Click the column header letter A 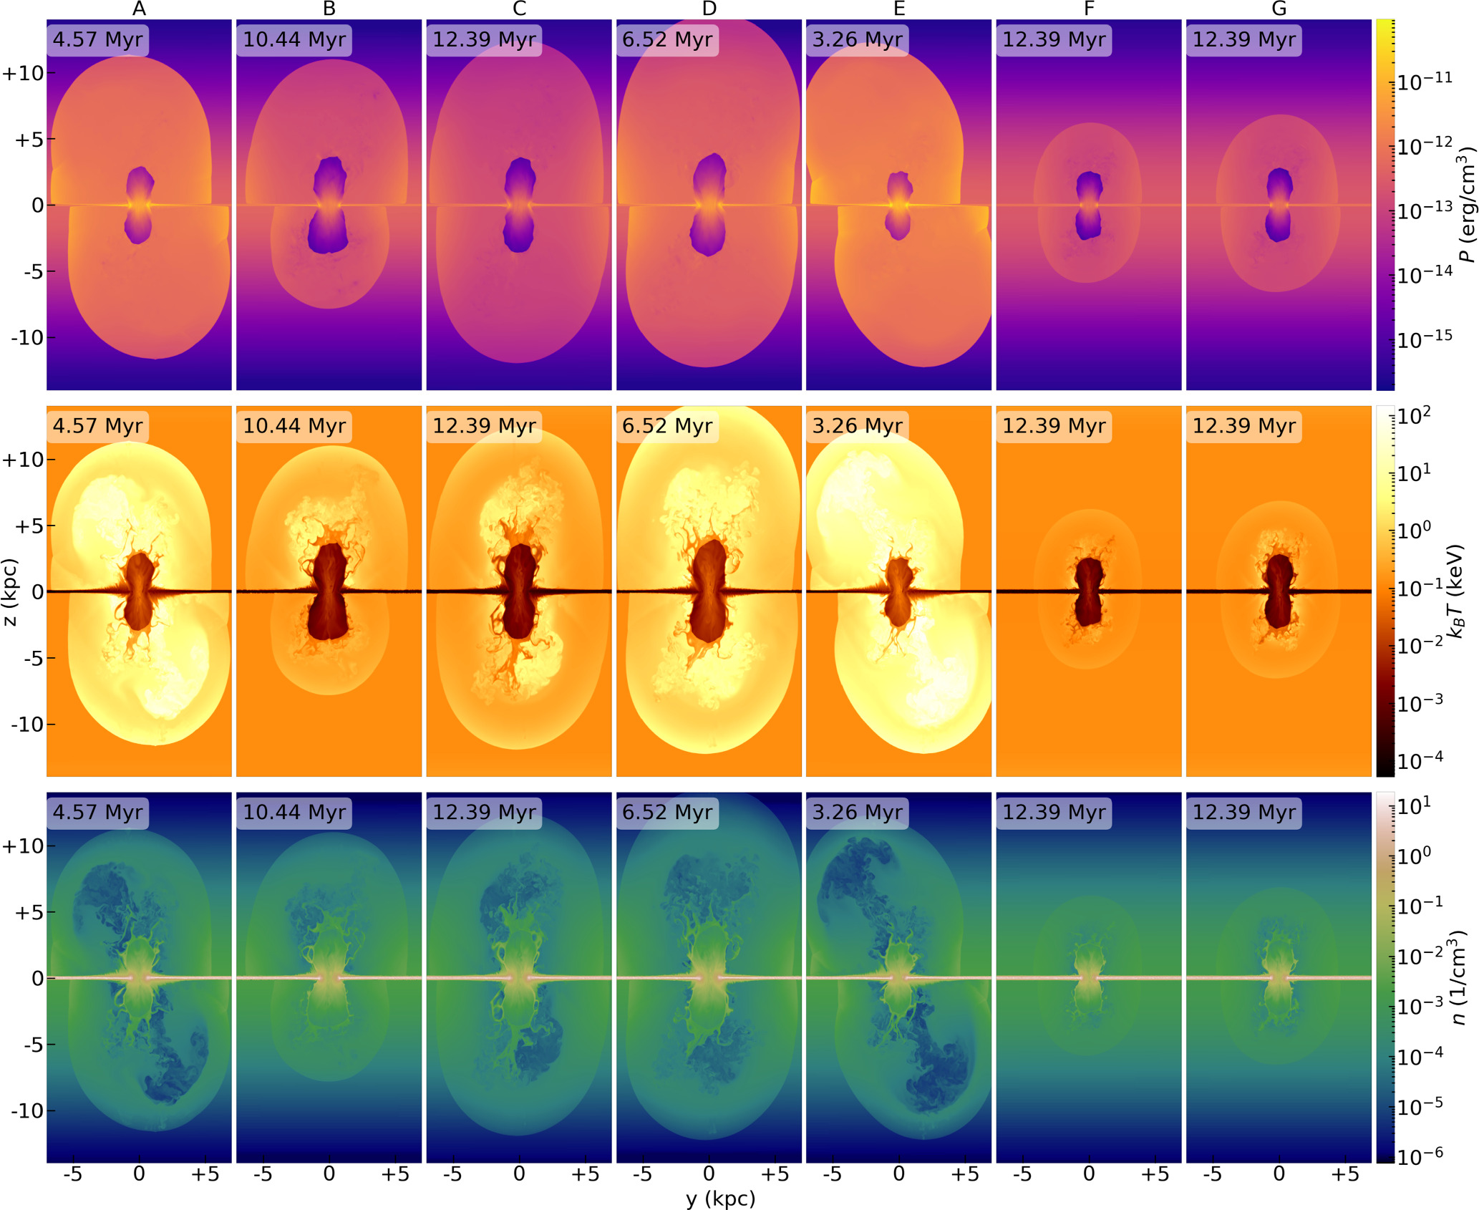pos(139,9)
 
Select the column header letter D pos(709,9)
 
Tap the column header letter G pos(1279,9)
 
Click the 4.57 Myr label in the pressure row pos(97,39)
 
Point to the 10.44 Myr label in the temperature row pos(294,426)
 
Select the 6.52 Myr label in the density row pos(666,813)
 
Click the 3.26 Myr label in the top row pos(857,39)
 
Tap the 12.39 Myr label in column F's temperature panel pos(1054,426)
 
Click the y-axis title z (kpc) pos(10,592)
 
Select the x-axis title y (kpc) pos(720,1199)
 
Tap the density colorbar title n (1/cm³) pos(1460,978)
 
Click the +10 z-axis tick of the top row pos(23,73)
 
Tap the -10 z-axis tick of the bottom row pos(27,1110)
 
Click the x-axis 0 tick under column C pos(519,1174)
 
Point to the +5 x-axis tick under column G pos(1344,1174)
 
